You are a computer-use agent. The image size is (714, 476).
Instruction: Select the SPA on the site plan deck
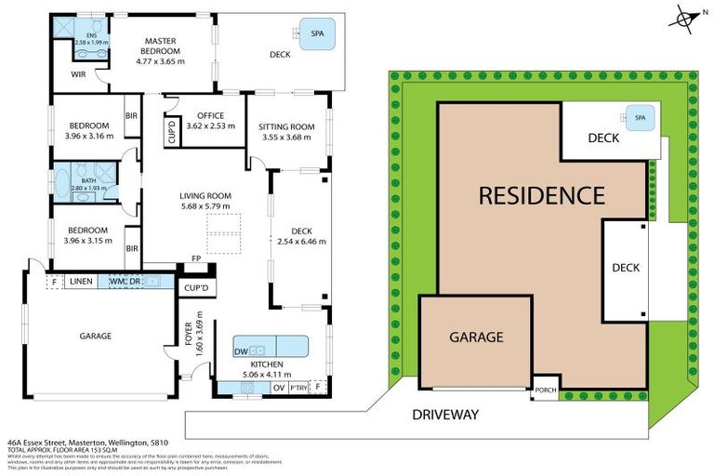coord(639,118)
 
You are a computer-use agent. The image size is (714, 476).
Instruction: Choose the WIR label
coord(78,76)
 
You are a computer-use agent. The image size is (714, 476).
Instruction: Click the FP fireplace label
coord(196,258)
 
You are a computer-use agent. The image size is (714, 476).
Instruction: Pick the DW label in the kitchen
coord(240,350)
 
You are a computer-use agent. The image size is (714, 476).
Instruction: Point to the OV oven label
coord(278,387)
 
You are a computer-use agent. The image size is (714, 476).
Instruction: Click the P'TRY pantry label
coord(297,387)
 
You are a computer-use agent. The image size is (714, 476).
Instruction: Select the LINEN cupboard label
coord(81,281)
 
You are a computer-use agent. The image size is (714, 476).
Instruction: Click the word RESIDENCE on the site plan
coord(541,196)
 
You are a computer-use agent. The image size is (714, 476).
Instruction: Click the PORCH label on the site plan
coord(545,390)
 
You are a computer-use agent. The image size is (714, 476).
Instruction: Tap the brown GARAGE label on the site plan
coord(476,337)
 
